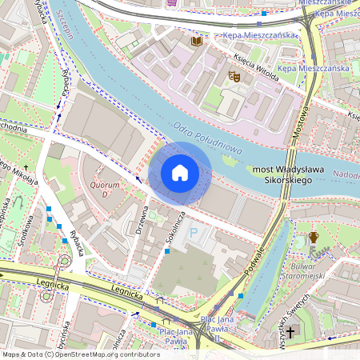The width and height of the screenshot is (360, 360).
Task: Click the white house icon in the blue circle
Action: pyautogui.click(x=180, y=172)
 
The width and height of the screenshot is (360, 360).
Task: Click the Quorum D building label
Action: pyautogui.click(x=105, y=190)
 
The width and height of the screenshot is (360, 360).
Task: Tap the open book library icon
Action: pyautogui.click(x=196, y=40)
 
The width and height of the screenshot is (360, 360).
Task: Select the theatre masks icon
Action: pyautogui.click(x=234, y=75)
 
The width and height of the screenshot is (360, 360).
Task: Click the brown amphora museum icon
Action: pyautogui.click(x=314, y=238)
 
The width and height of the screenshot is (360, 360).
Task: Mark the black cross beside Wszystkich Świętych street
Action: pyautogui.click(x=291, y=331)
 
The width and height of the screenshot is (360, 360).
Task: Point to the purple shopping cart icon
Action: pyautogui.click(x=172, y=2)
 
